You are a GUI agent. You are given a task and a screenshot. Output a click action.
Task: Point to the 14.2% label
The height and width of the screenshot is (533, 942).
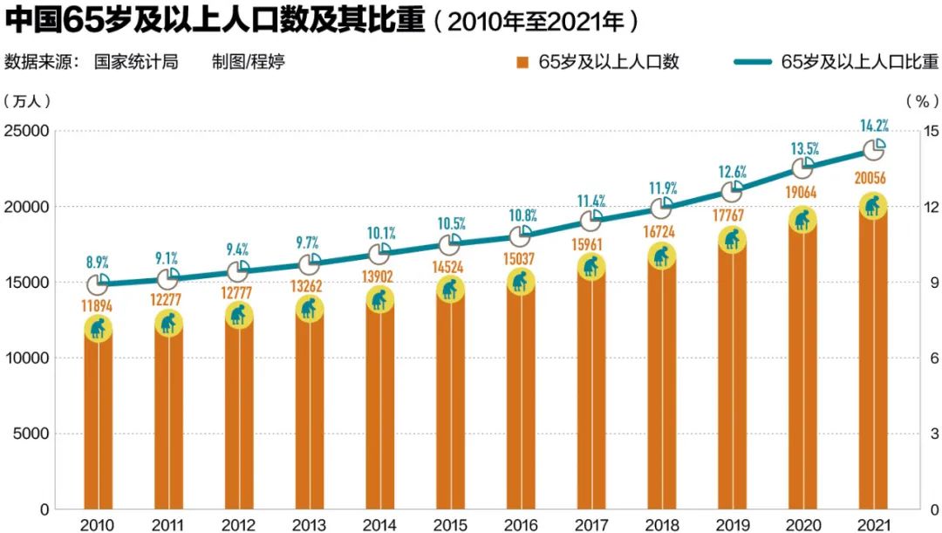(x=871, y=125)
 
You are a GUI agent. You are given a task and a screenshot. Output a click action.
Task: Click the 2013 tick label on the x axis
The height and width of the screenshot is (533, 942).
(x=310, y=524)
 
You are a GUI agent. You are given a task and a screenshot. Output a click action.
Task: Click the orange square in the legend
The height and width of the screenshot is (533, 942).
(x=522, y=62)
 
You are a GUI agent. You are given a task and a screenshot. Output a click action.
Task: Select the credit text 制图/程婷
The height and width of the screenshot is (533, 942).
(x=248, y=62)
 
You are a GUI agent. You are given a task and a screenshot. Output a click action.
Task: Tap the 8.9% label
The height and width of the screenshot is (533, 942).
(x=98, y=262)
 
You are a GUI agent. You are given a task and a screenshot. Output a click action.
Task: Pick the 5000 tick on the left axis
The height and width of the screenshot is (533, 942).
(x=31, y=434)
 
